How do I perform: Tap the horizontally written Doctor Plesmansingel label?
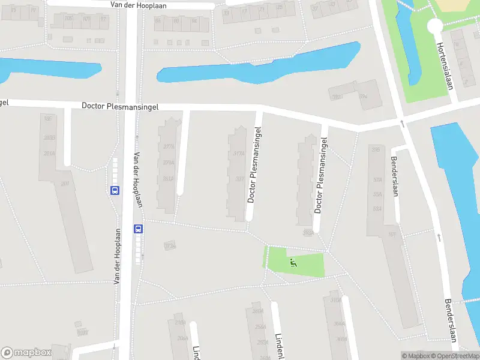(120, 106)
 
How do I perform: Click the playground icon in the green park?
(293, 262)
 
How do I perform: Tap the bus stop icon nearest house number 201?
(115, 190)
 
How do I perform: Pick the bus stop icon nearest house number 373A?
(138, 229)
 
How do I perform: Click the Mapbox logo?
(26, 352)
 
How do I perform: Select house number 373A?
(170, 246)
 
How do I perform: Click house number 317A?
(238, 154)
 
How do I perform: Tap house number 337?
(239, 178)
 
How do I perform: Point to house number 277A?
(169, 146)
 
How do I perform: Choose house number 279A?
(169, 163)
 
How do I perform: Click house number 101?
(391, 235)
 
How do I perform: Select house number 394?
(363, 96)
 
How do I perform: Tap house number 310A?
(335, 299)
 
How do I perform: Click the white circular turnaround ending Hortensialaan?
(434, 26)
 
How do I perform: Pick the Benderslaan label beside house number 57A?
(395, 169)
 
